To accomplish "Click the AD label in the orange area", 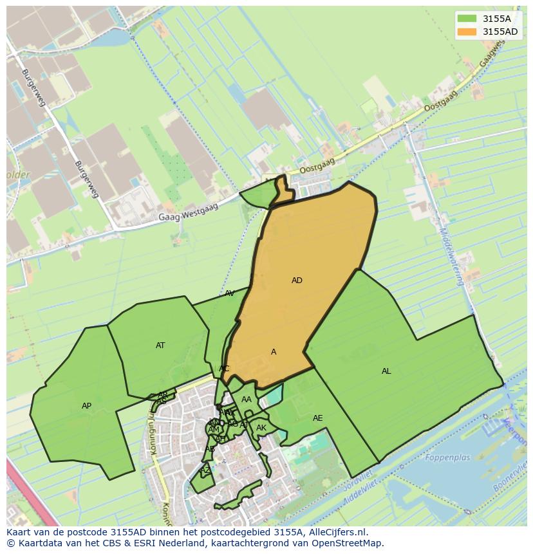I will point(297,281).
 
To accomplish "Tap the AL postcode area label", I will point(386,371).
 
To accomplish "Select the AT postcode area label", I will point(160,346).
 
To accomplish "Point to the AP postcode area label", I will point(87,406).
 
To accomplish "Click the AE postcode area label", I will point(317,418).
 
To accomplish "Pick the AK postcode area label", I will point(261,428).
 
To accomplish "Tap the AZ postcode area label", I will point(205,470).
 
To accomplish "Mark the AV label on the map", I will point(230,293).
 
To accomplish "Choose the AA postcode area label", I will point(247,400).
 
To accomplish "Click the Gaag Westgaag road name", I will point(189,212).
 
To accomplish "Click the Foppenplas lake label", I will point(447,458).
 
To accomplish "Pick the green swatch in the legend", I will point(467,19).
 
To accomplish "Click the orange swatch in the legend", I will point(467,32).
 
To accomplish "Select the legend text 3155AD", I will point(500,32).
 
